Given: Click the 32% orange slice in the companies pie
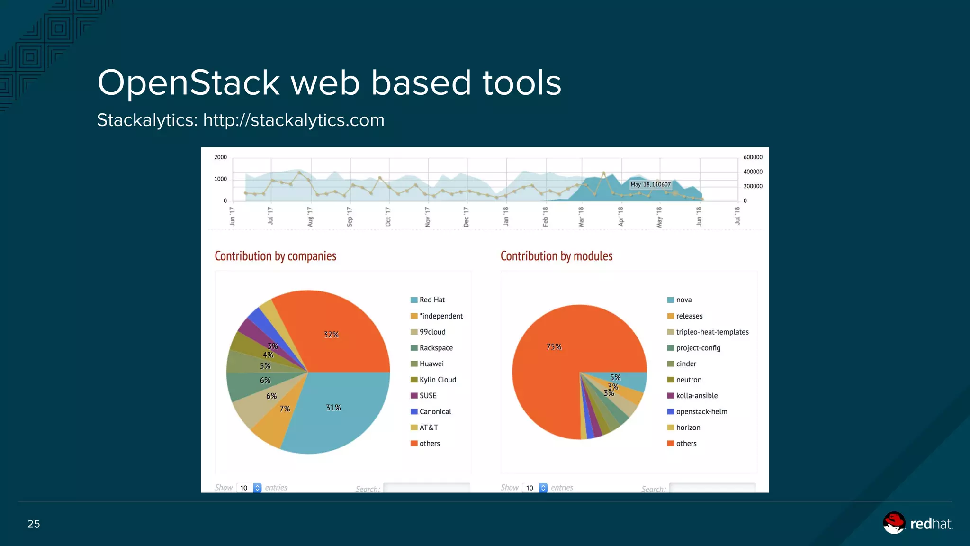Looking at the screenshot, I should pos(332,334).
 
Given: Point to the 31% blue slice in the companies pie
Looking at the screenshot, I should pos(333,408).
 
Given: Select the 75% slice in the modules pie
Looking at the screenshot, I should pos(554,347).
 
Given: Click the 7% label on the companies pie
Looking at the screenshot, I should pos(285,409).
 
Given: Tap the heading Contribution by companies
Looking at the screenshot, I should pos(275,256).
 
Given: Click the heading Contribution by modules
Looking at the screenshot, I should pos(556,256).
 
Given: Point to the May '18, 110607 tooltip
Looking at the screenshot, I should pos(650,184).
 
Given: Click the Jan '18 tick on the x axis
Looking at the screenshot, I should pos(506,217).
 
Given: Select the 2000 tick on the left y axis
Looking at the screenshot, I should pos(220,157).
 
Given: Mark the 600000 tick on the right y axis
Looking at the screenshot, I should pos(753,157).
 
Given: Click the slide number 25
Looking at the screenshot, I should pos(34,524).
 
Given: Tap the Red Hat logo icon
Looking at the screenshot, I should pos(894,523).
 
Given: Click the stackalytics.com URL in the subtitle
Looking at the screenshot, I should pos(294,120).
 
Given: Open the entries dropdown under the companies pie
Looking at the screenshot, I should pos(249,488).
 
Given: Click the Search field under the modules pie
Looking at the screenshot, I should pos(712,488).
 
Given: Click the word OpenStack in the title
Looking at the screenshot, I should pos(189,83).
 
